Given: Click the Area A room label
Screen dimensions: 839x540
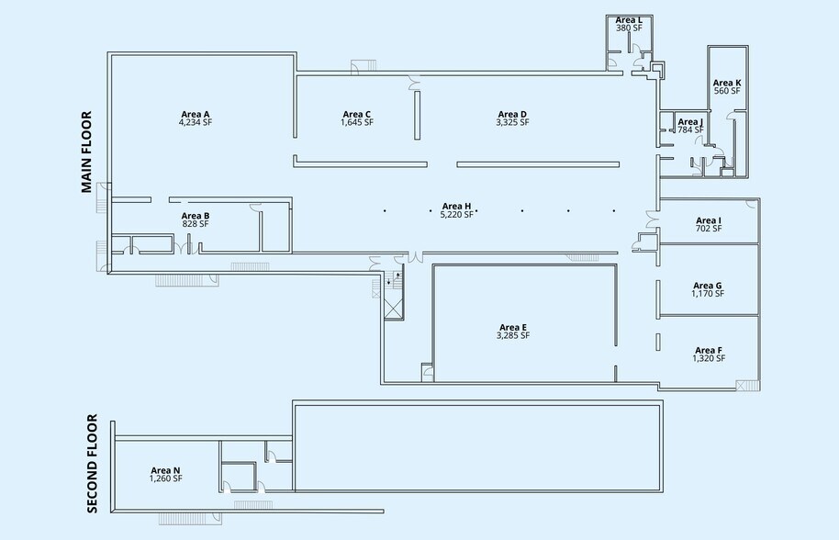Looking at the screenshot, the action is (x=196, y=114).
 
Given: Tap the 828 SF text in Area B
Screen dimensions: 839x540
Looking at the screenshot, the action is (x=196, y=224).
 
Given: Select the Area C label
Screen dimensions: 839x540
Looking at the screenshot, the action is (x=357, y=114).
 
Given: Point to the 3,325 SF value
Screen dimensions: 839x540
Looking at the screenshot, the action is (x=512, y=122).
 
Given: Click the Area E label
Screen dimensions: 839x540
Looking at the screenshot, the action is (x=513, y=328).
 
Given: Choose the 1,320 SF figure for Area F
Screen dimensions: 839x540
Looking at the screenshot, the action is (x=709, y=358).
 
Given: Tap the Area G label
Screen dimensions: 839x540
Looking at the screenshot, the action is (x=708, y=286).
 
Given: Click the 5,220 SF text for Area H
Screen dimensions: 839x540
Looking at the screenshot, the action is (x=457, y=215).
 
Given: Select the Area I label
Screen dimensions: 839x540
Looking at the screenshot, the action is (x=709, y=220).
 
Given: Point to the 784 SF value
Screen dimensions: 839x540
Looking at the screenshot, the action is (x=691, y=129).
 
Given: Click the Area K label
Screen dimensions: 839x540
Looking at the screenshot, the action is (x=727, y=83).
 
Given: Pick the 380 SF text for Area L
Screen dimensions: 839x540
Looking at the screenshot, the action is (x=629, y=28).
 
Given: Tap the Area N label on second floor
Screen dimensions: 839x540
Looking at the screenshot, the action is (x=166, y=470).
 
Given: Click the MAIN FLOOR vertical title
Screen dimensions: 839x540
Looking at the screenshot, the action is (x=86, y=152).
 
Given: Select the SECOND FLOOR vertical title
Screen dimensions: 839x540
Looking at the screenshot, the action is (x=92, y=464).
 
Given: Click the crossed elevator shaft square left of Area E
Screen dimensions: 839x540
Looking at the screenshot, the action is (x=393, y=309).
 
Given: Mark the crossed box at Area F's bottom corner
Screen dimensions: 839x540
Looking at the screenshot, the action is (x=742, y=386).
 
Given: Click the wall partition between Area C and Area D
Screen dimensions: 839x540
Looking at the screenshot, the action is (x=418, y=115).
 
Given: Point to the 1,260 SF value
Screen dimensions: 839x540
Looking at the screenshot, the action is (x=166, y=478).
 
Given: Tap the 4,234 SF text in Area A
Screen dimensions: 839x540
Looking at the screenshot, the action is (x=196, y=122).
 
